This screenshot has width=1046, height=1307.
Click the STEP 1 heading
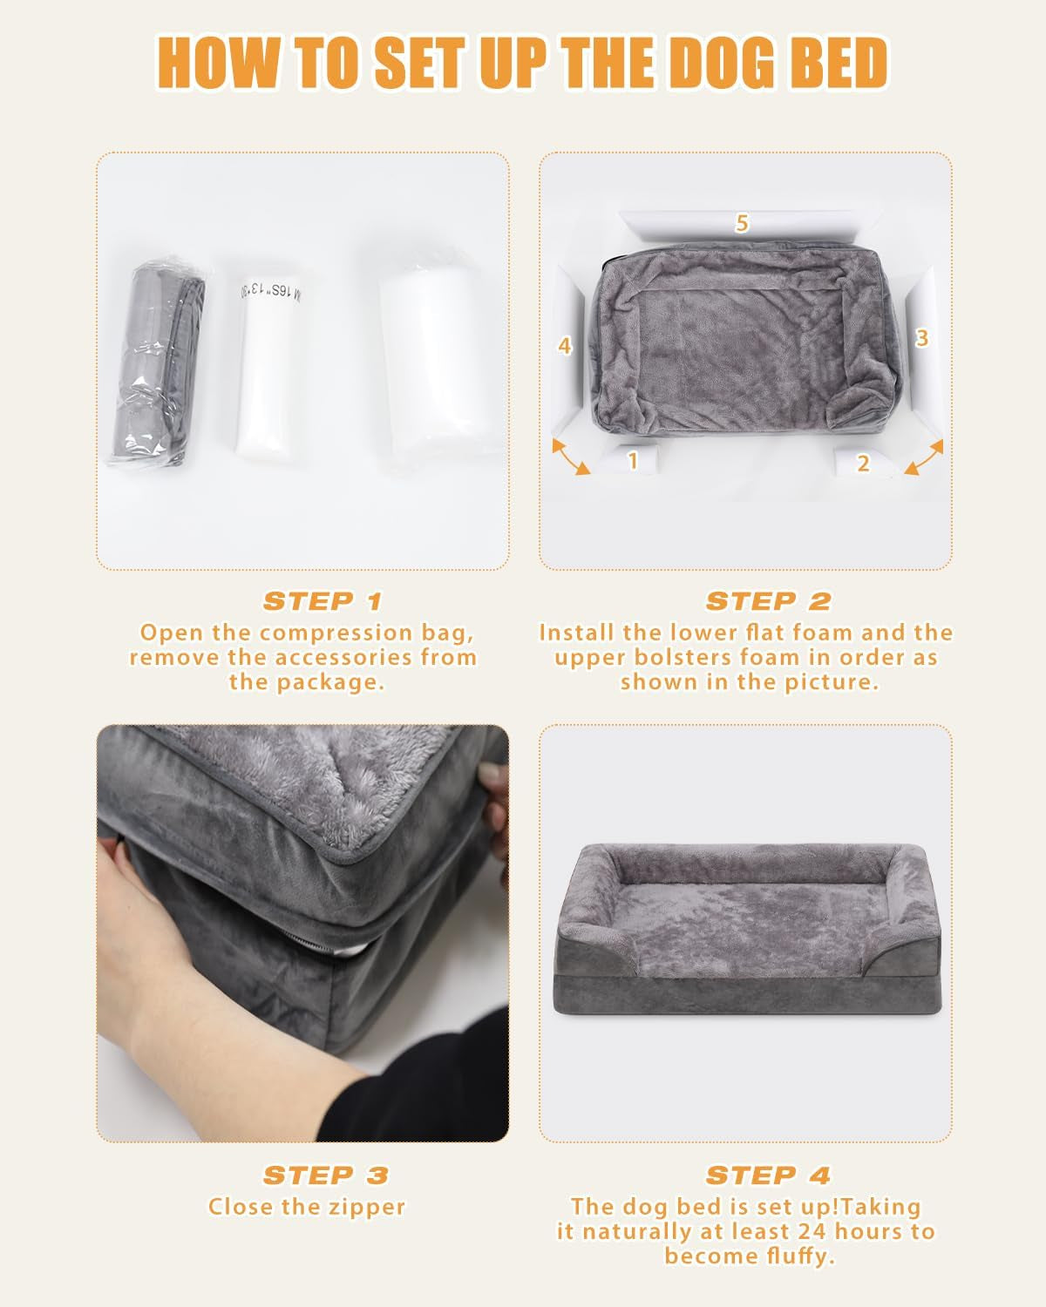(x=323, y=601)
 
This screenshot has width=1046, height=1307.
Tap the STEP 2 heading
(x=768, y=601)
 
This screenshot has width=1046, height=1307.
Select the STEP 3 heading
(x=325, y=1175)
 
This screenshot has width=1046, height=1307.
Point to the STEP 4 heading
(x=768, y=1175)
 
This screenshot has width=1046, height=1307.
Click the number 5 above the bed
(x=742, y=224)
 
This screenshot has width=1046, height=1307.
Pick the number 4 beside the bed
(x=565, y=346)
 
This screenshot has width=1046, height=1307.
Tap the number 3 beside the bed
(x=922, y=338)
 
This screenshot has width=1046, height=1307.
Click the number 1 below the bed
(x=633, y=460)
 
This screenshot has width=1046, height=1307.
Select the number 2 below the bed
(x=863, y=463)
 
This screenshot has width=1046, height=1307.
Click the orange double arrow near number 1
(x=572, y=457)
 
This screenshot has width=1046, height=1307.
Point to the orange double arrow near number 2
(x=924, y=457)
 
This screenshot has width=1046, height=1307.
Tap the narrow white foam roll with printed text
(x=265, y=366)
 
